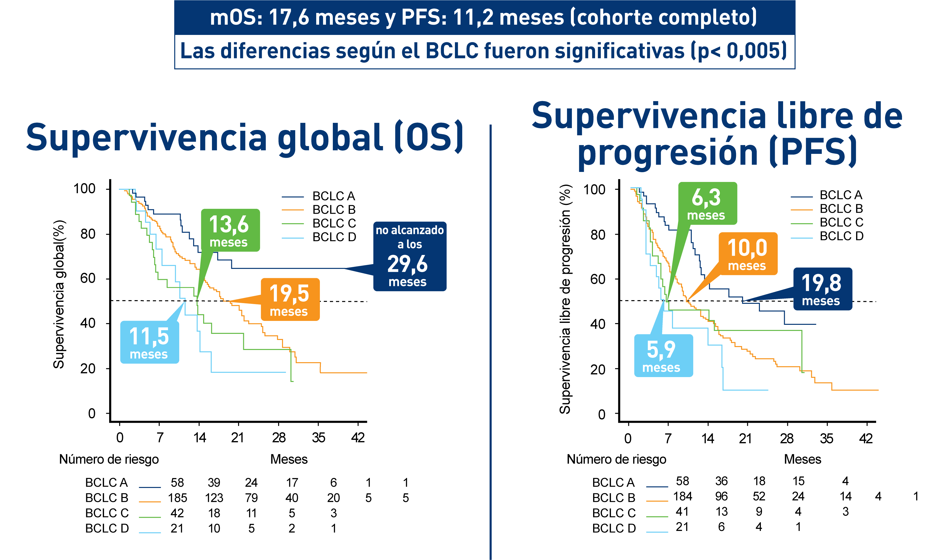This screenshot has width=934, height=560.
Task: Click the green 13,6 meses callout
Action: (230, 230)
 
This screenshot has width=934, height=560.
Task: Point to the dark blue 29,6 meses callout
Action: (410, 257)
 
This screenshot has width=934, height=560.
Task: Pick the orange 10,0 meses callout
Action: (748, 254)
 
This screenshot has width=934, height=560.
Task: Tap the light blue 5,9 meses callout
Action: (663, 356)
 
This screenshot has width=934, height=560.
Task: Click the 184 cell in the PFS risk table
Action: (682, 496)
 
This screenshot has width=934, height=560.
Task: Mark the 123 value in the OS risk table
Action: (214, 498)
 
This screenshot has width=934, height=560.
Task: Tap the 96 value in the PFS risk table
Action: (721, 496)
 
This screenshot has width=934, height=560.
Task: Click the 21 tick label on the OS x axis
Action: (238, 438)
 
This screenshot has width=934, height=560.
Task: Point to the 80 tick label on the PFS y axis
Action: (598, 235)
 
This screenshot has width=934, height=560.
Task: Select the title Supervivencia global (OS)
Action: (244, 138)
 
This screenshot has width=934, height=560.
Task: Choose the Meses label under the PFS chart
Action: (802, 459)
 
